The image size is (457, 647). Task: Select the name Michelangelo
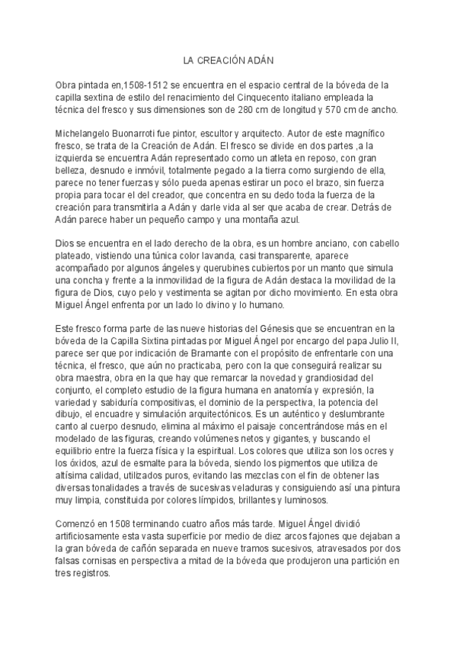coord(86,134)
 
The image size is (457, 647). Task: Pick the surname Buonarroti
coord(145,134)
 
